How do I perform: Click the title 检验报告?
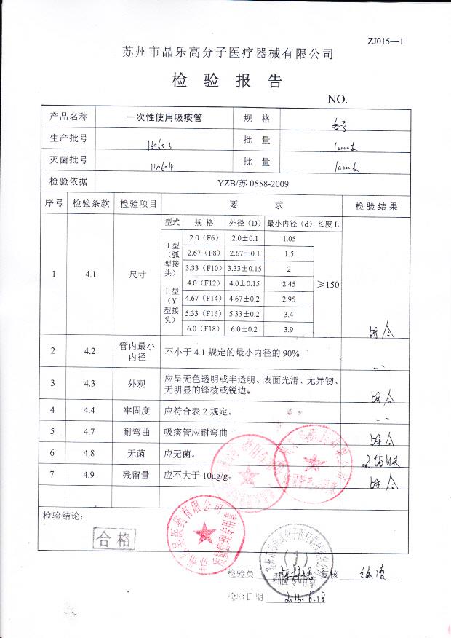[x=226, y=80]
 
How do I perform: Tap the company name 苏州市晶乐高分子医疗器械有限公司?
[x=227, y=53]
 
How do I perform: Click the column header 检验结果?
[x=375, y=206]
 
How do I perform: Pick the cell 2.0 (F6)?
[x=204, y=238]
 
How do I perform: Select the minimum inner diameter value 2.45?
[x=288, y=283]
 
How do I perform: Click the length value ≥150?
[x=328, y=284]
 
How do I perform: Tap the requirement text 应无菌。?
[x=180, y=454]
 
